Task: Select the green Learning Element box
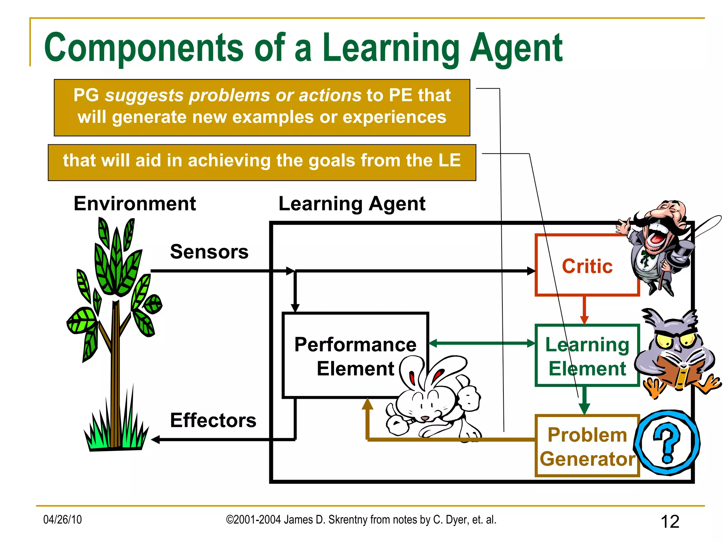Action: coord(587,356)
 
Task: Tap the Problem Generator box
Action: coord(587,446)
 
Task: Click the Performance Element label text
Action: coord(355,356)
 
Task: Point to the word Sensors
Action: coord(209,252)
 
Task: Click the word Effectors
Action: coord(213,420)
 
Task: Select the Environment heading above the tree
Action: coord(135,204)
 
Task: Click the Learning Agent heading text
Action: coord(352,204)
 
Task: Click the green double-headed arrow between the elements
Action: coord(482,343)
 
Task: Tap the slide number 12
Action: coord(670,522)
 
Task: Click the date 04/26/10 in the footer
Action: coord(62,519)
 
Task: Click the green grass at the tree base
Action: coord(115,434)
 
